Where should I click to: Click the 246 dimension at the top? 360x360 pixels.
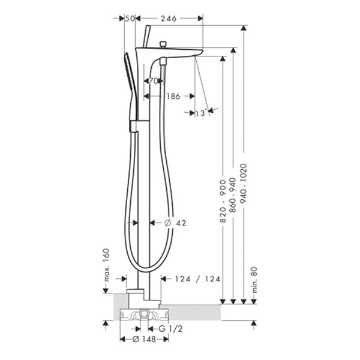coord(169,19)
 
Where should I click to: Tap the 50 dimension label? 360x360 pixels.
coord(129,19)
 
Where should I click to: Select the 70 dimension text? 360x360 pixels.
coord(153,81)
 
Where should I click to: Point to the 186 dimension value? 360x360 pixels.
coord(173,96)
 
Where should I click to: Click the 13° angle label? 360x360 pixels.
coord(201,113)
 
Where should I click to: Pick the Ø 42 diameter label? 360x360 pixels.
coord(175,223)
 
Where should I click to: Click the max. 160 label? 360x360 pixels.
coord(107,265)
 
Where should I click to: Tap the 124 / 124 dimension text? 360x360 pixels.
coord(197,279)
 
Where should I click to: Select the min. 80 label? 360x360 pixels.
coord(254,280)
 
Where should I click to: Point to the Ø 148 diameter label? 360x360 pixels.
coord(145,339)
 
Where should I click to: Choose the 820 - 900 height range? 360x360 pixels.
coord(223,202)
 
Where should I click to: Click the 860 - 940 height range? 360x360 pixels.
coord(233,195)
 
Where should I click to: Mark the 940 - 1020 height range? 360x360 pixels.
coord(244,184)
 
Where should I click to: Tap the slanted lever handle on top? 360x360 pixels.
coord(146,36)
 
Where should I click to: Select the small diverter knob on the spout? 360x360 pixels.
coord(163,44)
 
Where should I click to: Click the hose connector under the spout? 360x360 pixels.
coord(163,62)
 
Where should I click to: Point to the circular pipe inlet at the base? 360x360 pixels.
coord(144,313)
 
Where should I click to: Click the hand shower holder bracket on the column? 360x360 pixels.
coord(133,126)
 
